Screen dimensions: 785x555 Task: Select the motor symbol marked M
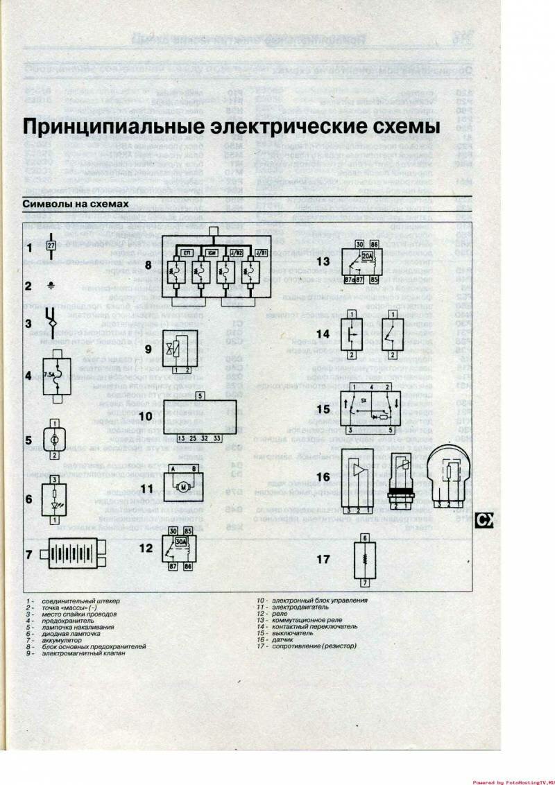(184, 488)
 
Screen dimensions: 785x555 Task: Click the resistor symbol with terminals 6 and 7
(364, 560)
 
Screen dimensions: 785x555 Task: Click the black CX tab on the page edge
(484, 520)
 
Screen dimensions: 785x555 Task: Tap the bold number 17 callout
(323, 559)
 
